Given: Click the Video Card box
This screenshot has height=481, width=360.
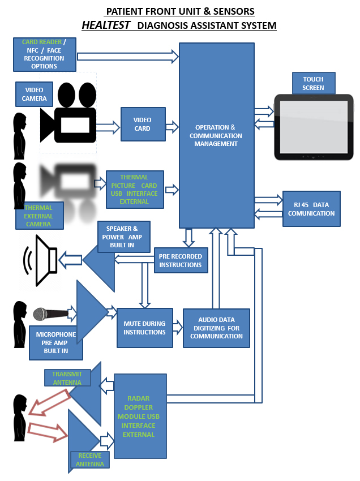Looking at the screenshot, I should point(143,124).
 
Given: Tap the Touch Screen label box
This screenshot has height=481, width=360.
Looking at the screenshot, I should point(313,83).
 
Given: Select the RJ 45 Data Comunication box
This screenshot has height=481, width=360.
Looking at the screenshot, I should point(311,209).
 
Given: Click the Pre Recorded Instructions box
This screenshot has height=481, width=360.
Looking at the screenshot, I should point(180,261).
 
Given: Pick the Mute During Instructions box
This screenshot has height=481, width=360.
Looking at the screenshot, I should point(144,328).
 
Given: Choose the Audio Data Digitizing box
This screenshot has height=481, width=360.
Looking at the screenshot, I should point(216,328).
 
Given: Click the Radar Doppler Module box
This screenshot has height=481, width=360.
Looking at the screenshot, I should point(140,416).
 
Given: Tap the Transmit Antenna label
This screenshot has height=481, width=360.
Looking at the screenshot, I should point(67,378).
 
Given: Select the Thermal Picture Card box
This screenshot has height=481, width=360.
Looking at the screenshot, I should point(135,190).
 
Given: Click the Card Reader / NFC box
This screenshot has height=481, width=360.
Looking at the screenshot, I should point(44,54).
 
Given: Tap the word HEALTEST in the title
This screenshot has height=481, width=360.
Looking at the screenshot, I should point(106,25).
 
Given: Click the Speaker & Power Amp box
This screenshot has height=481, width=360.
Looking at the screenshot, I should point(124,237).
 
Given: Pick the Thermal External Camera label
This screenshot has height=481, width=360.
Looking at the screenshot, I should point(38,216).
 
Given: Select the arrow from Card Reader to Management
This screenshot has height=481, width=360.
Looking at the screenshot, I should point(127,56).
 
